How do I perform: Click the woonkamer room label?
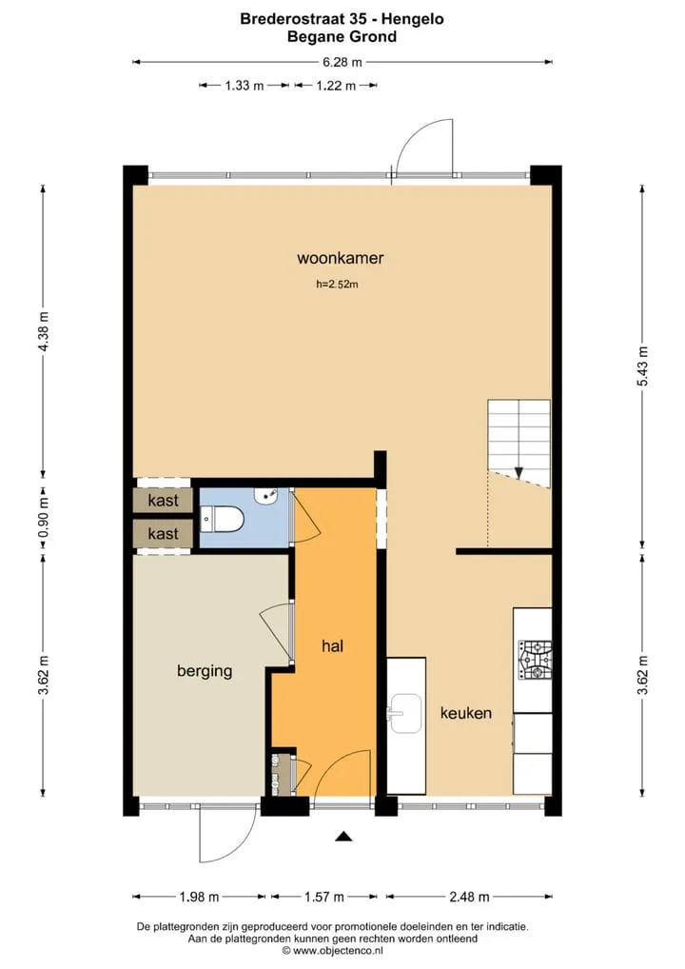[341, 258]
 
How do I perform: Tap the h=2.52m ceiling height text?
[337, 285]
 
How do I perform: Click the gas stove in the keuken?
[535, 660]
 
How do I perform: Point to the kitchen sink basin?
[405, 713]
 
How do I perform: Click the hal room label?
[332, 646]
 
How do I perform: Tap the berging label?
[205, 671]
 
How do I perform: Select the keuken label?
[466, 713]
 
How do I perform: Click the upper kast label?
[163, 500]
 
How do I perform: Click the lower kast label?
[163, 533]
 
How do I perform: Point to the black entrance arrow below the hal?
[344, 837]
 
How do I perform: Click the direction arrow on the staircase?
[519, 473]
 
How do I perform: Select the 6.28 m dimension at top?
[342, 62]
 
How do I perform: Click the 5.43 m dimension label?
[643, 366]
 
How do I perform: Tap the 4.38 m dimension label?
[43, 331]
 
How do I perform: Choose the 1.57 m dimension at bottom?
[324, 897]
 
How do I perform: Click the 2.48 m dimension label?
[470, 897]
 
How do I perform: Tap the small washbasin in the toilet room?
[266, 495]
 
